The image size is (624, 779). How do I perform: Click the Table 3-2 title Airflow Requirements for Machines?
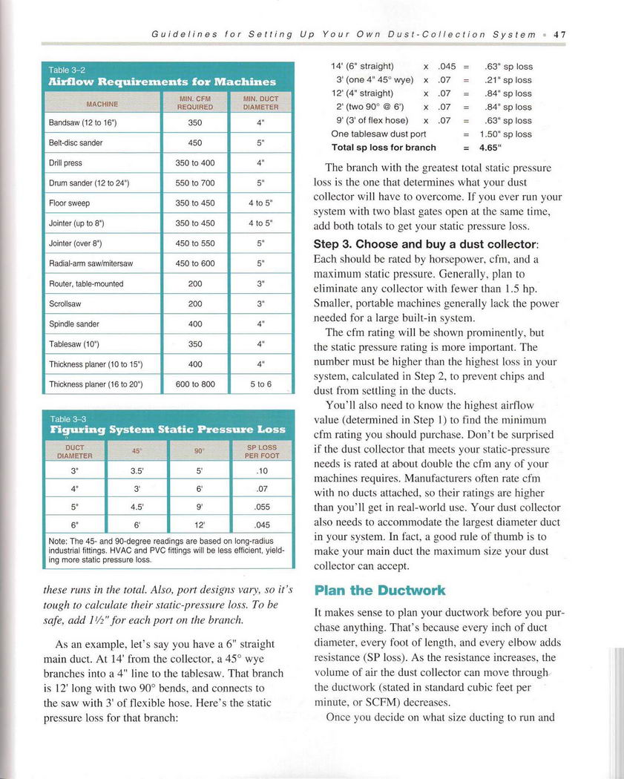[162, 82]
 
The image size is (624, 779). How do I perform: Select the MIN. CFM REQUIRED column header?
[194, 102]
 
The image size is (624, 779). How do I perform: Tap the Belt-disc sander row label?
[76, 143]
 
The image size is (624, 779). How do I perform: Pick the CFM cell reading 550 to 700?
[194, 183]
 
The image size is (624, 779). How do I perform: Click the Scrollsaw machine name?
[65, 304]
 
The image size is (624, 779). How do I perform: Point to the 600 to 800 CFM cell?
[194, 384]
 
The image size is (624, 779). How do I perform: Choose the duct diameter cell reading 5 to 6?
[260, 384]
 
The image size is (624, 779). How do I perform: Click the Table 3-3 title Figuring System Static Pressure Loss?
[168, 429]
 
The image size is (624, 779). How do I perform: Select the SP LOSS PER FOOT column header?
[262, 451]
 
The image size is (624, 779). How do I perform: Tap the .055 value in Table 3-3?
[262, 508]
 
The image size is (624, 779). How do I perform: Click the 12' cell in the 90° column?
[199, 525]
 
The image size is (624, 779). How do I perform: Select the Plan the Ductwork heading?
[379, 591]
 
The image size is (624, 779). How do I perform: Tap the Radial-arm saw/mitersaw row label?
[91, 263]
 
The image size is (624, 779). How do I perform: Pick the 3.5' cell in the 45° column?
[137, 470]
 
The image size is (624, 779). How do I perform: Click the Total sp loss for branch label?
[384, 148]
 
